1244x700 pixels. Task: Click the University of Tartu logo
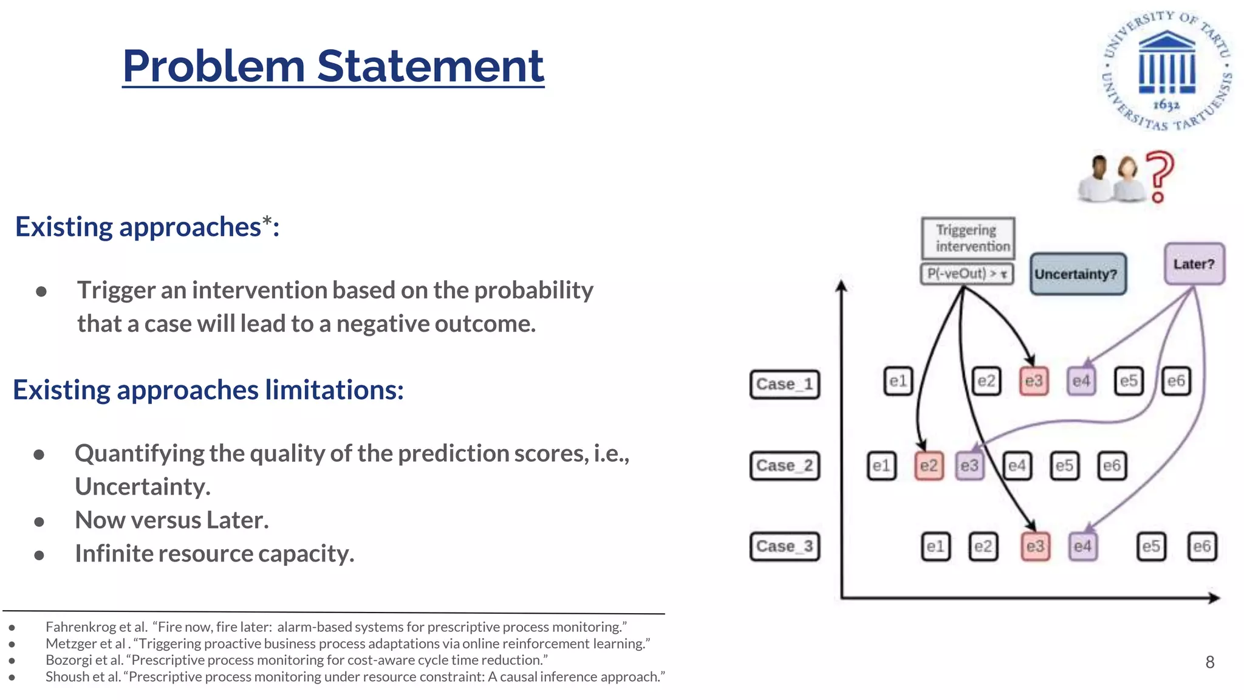pos(1166,70)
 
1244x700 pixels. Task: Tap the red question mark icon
pos(1159,176)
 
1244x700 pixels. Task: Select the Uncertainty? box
pos(1078,274)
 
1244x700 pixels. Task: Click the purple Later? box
pos(1194,264)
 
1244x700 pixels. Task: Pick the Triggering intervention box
pos(968,238)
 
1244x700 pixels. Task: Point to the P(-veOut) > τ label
pos(966,274)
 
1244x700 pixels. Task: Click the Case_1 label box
pos(784,384)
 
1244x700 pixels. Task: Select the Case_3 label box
pos(784,546)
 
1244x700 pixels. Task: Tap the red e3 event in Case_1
pos(1033,381)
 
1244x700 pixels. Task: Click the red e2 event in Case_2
pos(929,466)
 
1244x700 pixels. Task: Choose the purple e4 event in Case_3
pos(1082,546)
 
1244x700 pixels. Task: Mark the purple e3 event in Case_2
pos(969,466)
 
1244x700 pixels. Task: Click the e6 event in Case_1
pos(1176,381)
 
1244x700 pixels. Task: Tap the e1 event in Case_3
pos(935,546)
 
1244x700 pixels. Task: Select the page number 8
pos(1209,662)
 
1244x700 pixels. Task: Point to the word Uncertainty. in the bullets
pos(143,487)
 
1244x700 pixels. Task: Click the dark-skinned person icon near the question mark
pos(1098,178)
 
